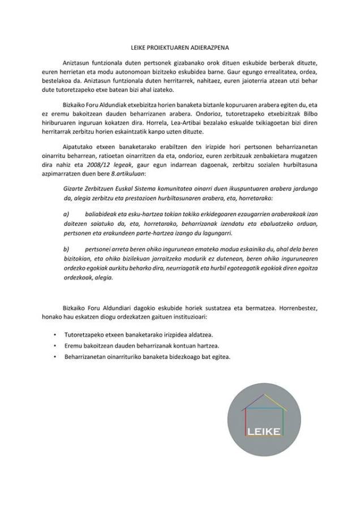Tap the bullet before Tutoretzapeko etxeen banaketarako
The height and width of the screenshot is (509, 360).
click(54, 335)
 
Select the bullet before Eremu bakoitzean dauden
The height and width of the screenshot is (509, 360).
click(54, 345)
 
